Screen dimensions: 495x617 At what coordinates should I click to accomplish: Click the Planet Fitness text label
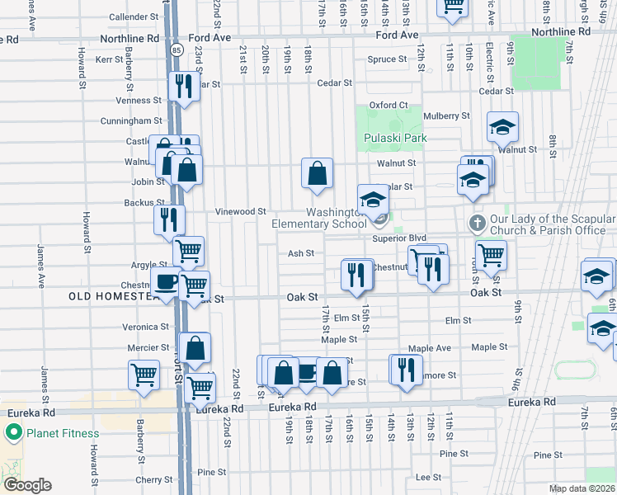click(62, 433)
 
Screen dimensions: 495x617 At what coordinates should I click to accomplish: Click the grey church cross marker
click(477, 223)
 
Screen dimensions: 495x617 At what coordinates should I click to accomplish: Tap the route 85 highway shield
click(177, 50)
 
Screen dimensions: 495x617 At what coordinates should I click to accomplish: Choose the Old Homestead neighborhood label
click(111, 295)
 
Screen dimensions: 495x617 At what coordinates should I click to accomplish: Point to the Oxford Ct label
click(389, 105)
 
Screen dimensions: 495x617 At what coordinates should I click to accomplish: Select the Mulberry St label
click(448, 116)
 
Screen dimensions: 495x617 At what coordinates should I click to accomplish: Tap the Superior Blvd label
click(398, 238)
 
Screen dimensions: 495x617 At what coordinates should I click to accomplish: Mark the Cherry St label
click(153, 479)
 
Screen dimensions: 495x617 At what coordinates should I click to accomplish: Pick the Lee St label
click(428, 477)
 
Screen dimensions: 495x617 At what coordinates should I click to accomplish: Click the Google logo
click(27, 485)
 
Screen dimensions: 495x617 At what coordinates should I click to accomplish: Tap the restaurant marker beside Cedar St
click(182, 86)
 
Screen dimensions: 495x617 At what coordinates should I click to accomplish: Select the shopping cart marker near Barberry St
click(144, 375)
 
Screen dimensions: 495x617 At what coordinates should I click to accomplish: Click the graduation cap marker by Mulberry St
click(502, 127)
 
